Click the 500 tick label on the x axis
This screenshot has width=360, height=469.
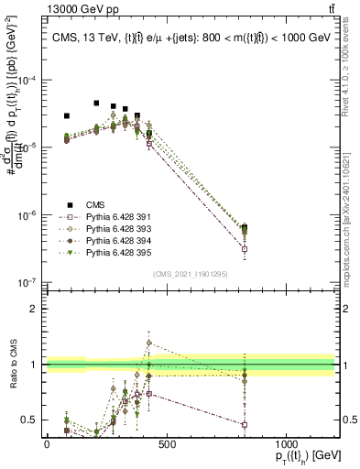(x=166, y=445)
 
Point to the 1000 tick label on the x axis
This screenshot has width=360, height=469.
(x=286, y=445)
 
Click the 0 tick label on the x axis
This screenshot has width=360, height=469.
(x=47, y=445)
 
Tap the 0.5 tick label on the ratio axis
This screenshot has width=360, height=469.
(x=30, y=421)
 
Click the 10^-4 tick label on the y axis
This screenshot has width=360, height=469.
(x=27, y=81)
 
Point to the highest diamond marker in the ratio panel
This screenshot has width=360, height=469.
(x=149, y=344)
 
